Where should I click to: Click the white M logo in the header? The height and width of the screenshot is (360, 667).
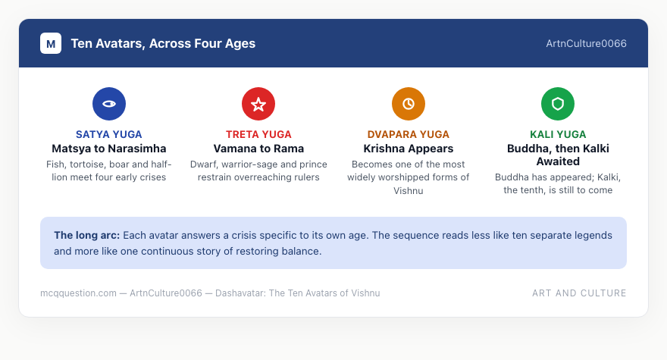pyautogui.click(x=51, y=43)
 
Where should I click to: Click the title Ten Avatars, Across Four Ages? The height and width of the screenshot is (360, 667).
pyautogui.click(x=163, y=43)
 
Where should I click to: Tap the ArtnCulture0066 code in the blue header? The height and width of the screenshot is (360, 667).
pyautogui.click(x=586, y=43)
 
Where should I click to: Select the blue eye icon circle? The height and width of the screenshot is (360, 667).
pyautogui.click(x=109, y=104)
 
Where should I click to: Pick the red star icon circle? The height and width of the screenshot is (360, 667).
pyautogui.click(x=258, y=104)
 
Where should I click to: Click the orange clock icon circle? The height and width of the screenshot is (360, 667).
pyautogui.click(x=409, y=104)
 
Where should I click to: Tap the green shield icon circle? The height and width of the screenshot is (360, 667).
pyautogui.click(x=558, y=104)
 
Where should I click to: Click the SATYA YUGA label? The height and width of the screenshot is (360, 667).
pyautogui.click(x=109, y=134)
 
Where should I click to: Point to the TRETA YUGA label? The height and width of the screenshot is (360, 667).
pyautogui.click(x=258, y=134)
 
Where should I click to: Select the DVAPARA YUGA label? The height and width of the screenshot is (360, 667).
pyautogui.click(x=409, y=134)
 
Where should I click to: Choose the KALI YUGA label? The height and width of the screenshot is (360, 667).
pyautogui.click(x=558, y=134)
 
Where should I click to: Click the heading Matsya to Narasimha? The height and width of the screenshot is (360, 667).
pyautogui.click(x=109, y=149)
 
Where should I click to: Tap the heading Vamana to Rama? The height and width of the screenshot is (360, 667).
pyautogui.click(x=258, y=149)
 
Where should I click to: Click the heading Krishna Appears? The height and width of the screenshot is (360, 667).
pyautogui.click(x=409, y=149)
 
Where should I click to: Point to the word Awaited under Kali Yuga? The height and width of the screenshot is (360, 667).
pyautogui.click(x=558, y=161)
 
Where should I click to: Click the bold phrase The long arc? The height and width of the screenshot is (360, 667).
pyautogui.click(x=86, y=235)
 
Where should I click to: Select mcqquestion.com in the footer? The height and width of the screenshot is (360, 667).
pyautogui.click(x=78, y=293)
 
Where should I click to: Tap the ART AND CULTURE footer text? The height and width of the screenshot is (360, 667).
pyautogui.click(x=579, y=293)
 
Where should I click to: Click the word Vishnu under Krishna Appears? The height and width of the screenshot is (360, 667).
pyautogui.click(x=409, y=191)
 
